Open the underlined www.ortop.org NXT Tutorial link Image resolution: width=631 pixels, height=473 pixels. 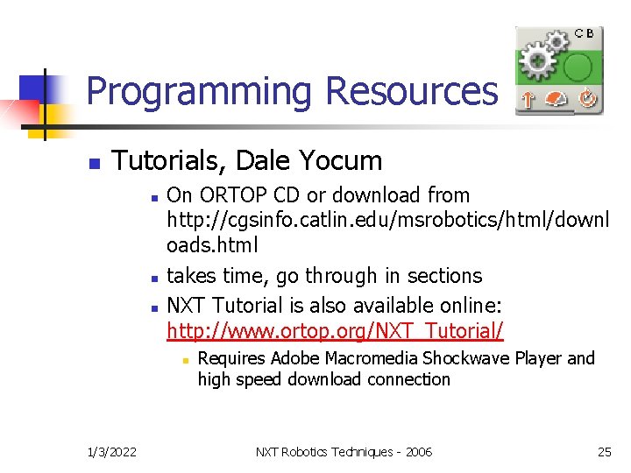click(x=335, y=331)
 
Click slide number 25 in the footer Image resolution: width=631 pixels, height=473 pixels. click(x=604, y=451)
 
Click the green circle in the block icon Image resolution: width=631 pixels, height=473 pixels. click(x=579, y=67)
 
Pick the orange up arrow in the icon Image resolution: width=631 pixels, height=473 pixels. click(x=528, y=101)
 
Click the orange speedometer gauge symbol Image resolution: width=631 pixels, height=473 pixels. click(x=557, y=101)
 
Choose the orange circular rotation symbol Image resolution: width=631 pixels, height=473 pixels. click(x=586, y=100)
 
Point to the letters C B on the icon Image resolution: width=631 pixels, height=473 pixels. click(x=585, y=33)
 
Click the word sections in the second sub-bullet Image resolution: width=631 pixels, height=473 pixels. click(x=444, y=275)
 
